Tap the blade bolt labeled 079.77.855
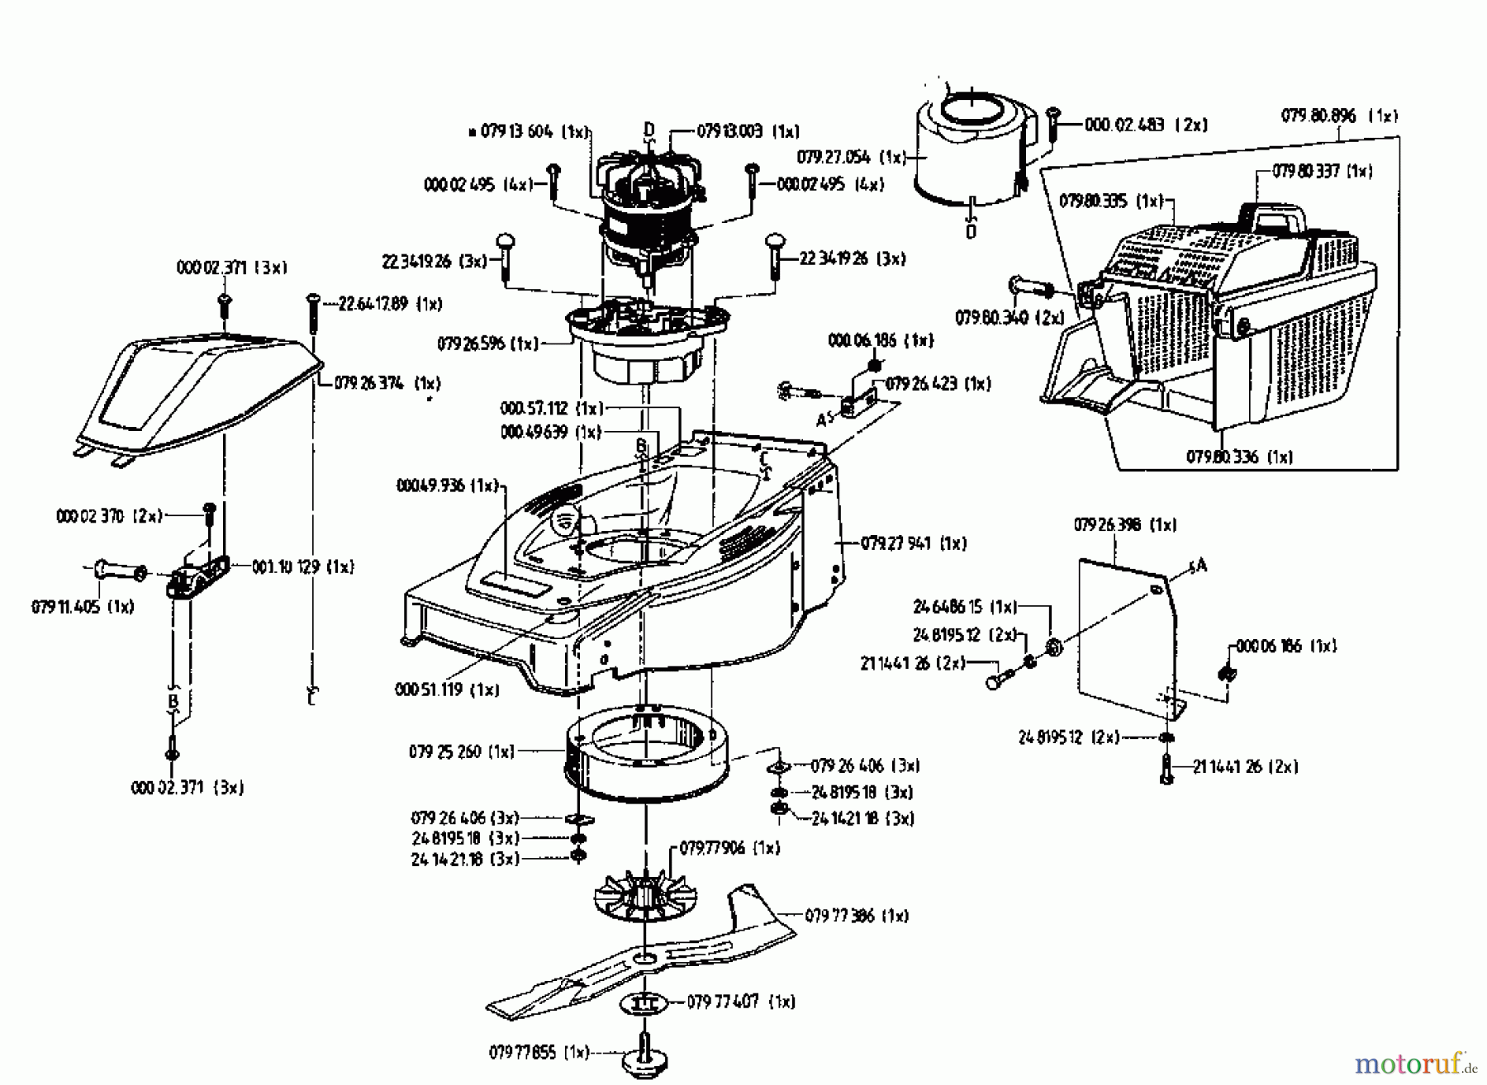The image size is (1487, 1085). point(646,1056)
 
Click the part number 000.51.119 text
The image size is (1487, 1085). point(447,689)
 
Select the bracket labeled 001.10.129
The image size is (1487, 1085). point(198,576)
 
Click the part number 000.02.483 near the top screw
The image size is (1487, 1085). point(1145,125)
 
